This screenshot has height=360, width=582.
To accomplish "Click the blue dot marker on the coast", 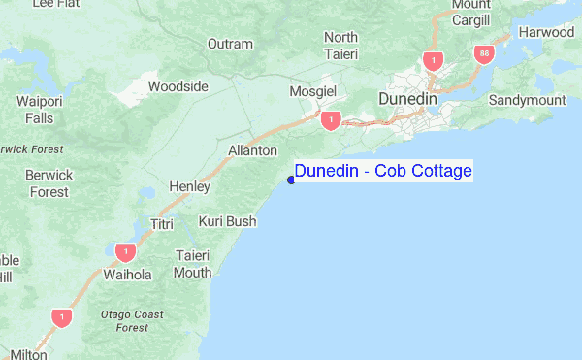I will click(291, 180).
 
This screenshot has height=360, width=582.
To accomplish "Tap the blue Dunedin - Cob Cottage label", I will click(383, 172).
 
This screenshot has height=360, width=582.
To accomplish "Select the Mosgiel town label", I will click(312, 91).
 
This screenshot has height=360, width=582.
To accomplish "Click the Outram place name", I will click(230, 44).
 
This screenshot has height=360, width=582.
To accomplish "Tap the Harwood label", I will click(546, 32).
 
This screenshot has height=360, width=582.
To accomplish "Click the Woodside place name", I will click(178, 86).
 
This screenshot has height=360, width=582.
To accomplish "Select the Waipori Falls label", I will click(40, 109).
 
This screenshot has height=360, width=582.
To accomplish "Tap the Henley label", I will click(189, 185).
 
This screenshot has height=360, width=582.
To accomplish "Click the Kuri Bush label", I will click(227, 221).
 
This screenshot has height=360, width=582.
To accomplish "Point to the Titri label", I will click(161, 224).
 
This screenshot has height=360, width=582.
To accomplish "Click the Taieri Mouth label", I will click(192, 264).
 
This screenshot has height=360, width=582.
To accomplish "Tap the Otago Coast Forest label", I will click(131, 321).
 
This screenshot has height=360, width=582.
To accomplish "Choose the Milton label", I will click(24, 355).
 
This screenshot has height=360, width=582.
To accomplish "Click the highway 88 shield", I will click(483, 52).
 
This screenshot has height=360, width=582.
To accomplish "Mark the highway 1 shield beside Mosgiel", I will click(332, 119).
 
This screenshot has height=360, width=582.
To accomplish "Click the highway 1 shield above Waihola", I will click(123, 252).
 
